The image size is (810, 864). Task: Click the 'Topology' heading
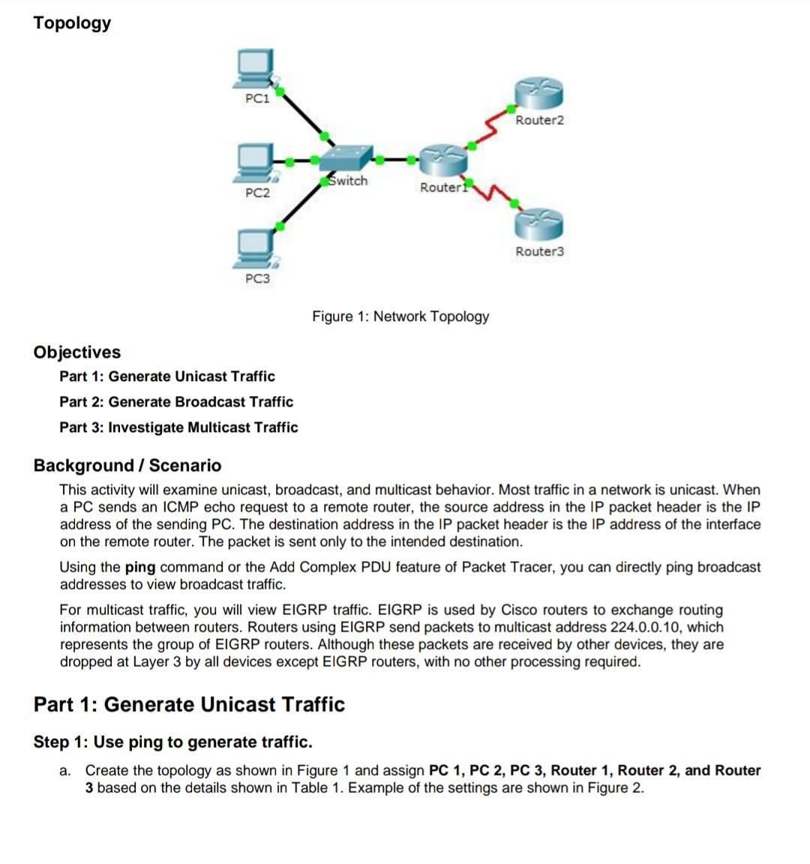click(72, 22)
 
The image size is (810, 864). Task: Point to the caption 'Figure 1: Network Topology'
click(400, 316)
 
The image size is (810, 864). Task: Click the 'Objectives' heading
click(76, 352)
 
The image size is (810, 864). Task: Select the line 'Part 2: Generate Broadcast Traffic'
click(176, 402)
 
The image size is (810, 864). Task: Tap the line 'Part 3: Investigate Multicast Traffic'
click(178, 427)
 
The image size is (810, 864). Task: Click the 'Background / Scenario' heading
click(127, 466)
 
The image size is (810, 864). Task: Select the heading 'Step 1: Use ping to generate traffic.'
click(172, 742)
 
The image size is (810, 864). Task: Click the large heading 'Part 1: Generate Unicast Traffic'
click(189, 705)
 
